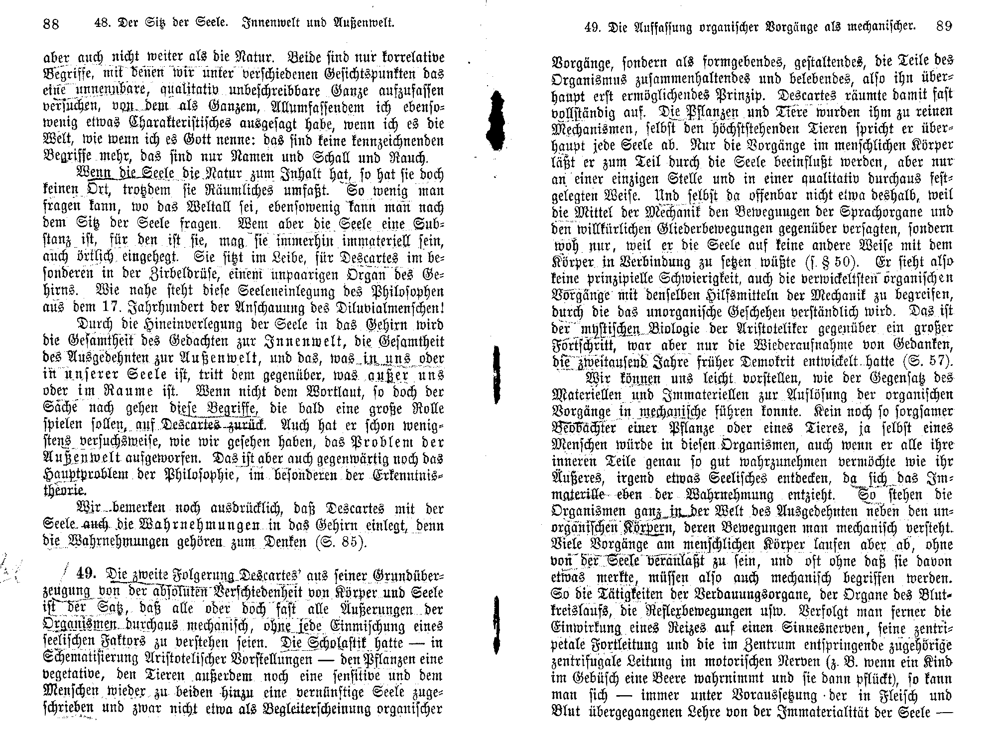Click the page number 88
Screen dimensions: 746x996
pos(51,23)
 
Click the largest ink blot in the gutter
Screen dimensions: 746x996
pos(495,120)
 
